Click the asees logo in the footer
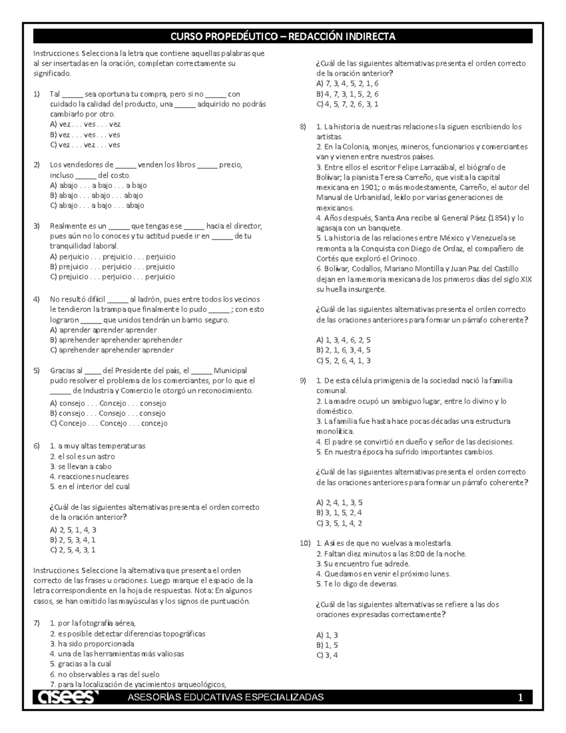click(66, 698)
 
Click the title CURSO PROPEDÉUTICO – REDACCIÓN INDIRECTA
click(283, 36)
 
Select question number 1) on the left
click(37, 94)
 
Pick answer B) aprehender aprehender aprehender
click(116, 340)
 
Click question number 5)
click(37, 371)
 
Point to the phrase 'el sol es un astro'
click(82, 456)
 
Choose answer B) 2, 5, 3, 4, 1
click(73, 540)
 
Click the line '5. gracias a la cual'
click(80, 664)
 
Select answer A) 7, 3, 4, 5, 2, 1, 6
click(347, 84)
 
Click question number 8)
click(303, 126)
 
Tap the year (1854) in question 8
click(499, 218)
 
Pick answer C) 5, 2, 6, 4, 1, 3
click(343, 361)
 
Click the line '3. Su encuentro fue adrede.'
click(363, 564)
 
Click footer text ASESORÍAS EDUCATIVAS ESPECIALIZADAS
click(226, 698)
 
